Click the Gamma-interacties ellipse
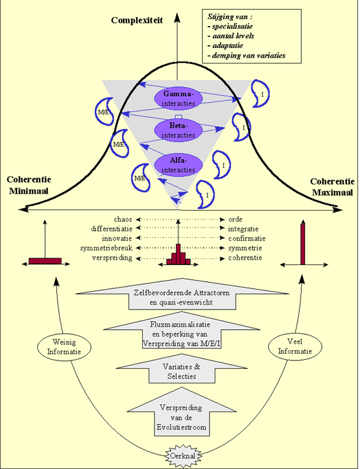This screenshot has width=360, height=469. click(x=179, y=98)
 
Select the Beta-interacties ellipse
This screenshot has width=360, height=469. click(x=179, y=130)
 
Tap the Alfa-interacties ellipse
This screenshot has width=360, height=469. click(x=179, y=164)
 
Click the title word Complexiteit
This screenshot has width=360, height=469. click(x=137, y=20)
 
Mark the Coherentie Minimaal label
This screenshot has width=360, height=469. click(x=29, y=186)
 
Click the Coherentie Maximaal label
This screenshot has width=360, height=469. click(x=332, y=186)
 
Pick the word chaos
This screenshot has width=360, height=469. click(x=122, y=219)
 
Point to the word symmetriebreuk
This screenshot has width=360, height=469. click(x=106, y=248)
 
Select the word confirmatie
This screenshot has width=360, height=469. click(x=247, y=238)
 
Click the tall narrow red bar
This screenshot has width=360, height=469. click(x=303, y=243)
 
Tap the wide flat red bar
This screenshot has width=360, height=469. click(x=45, y=261)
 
